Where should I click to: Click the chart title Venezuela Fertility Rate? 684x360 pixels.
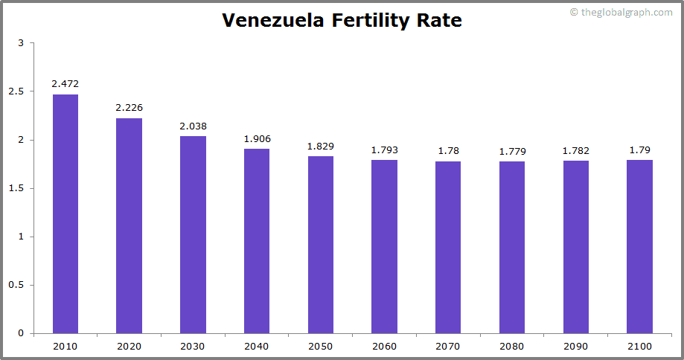pos(342,21)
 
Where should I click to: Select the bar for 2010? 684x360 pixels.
pos(65,213)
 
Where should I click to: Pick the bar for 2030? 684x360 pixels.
pos(193,234)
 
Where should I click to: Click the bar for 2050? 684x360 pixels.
pos(321,245)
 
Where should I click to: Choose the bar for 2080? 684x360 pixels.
pos(512,247)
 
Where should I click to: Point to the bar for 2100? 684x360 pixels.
pos(639,246)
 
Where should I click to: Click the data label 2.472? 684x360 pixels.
pos(65,84)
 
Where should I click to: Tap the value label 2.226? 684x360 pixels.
pos(129,108)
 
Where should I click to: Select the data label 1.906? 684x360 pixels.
pos(257,138)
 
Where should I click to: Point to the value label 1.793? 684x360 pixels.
pos(384,150)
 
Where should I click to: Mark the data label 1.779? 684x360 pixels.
pos(512,151)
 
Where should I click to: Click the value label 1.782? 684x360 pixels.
pos(575,151)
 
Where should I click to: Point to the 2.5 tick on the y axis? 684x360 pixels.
pos(16,91)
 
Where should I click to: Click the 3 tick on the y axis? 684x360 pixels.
pos(21,43)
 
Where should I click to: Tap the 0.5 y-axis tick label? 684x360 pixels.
pos(16,285)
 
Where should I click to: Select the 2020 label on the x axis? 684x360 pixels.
pos(129,347)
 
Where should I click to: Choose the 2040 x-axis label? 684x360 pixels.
pos(257,347)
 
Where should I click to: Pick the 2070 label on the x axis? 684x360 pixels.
pos(448,347)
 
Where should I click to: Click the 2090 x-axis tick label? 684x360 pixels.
pos(575,347)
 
